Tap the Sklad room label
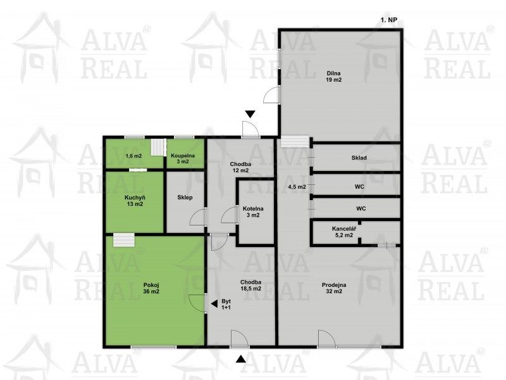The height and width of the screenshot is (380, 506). (x=360, y=158)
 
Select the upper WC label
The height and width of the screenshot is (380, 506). (x=361, y=187)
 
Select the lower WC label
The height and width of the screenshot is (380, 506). (x=361, y=208)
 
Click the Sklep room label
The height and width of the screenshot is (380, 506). (x=185, y=198)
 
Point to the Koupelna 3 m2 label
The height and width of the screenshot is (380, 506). (x=183, y=158)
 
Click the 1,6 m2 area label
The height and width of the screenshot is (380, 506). (x=133, y=155)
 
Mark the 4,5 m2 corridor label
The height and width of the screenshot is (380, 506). (x=297, y=187)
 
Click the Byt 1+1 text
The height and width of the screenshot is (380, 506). (x=226, y=304)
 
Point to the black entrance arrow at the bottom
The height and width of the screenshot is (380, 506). (x=240, y=359)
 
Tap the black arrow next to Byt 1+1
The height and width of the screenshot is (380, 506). (x=213, y=303)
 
